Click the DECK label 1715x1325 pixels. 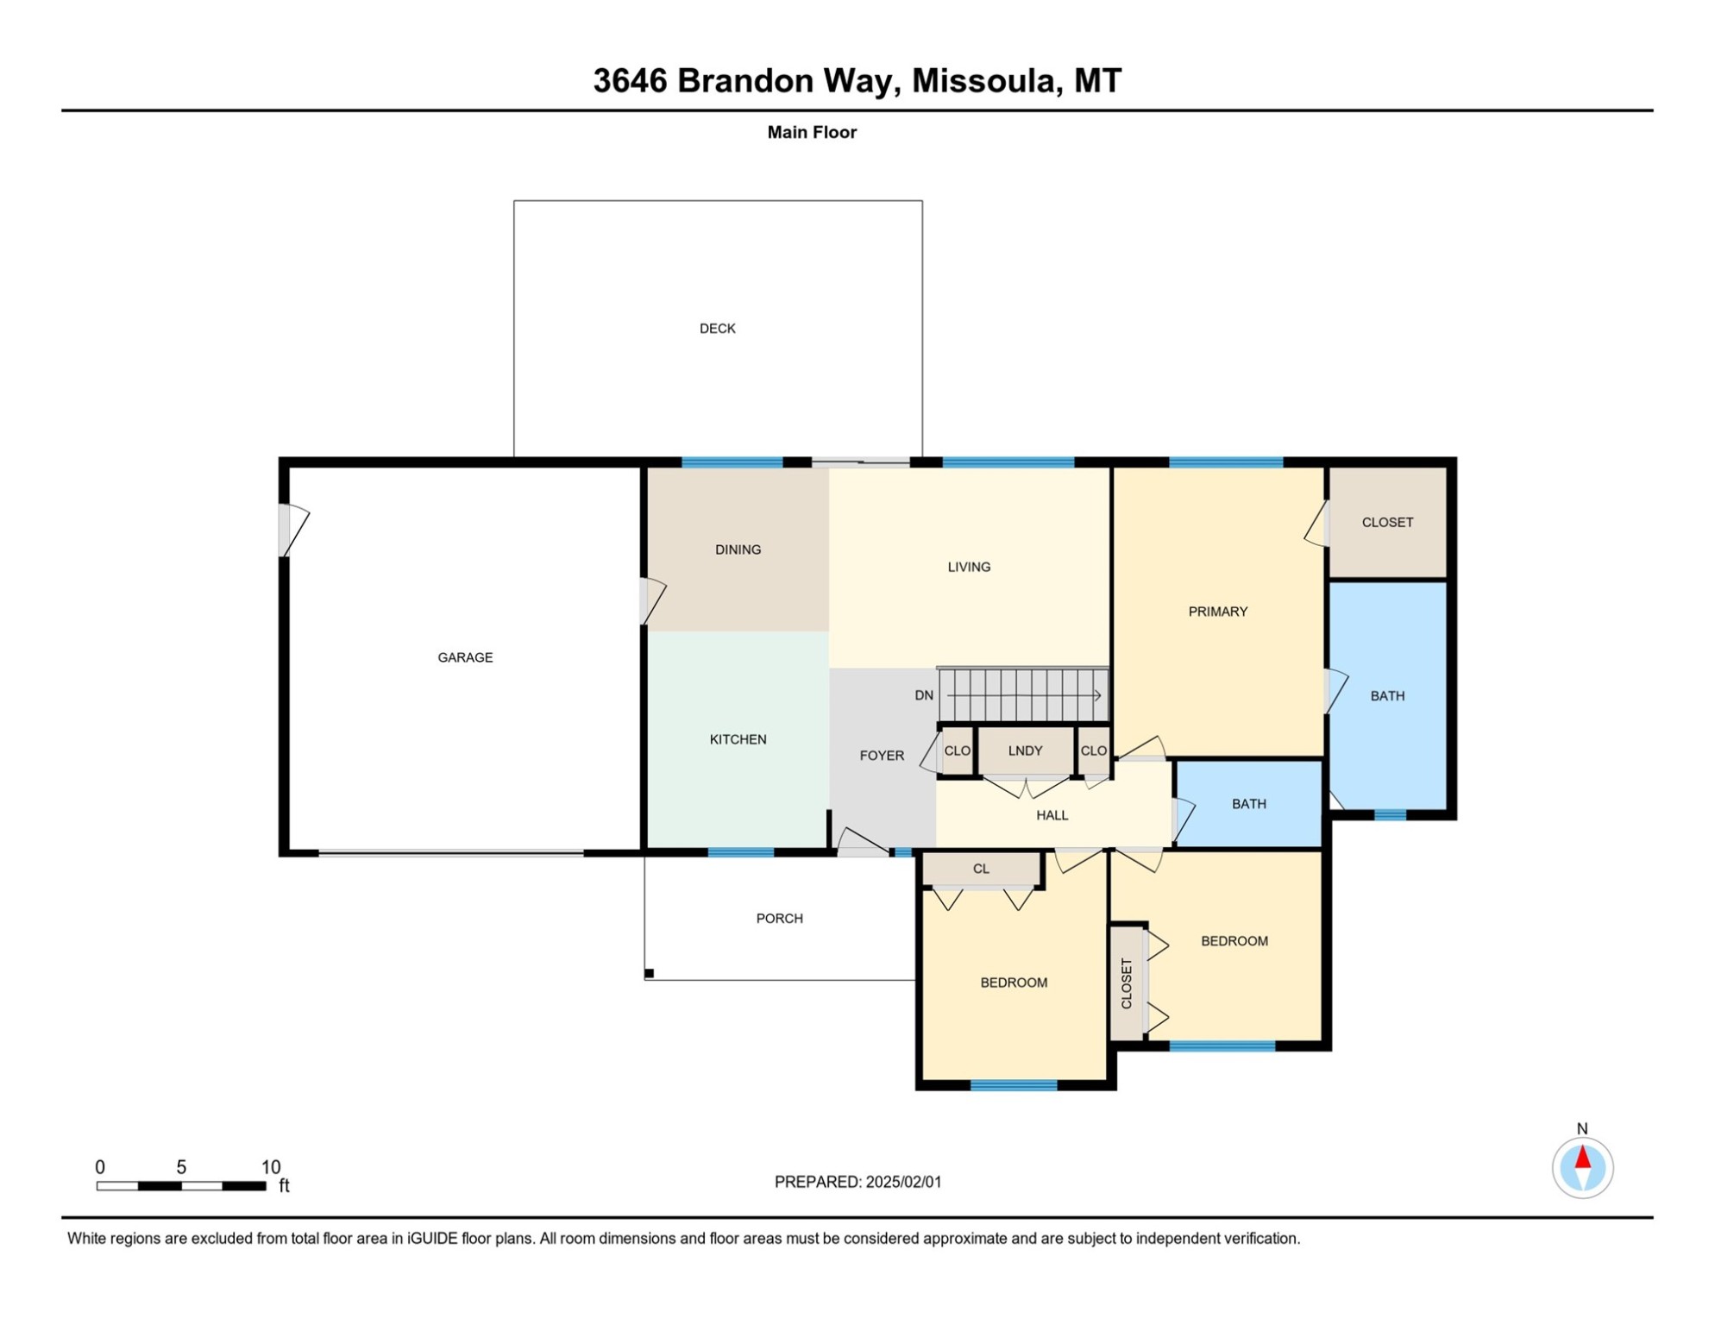717,329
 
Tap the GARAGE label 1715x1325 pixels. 465,657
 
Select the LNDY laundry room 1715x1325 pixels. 1025,751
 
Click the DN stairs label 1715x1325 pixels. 924,695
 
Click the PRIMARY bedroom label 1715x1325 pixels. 1217,612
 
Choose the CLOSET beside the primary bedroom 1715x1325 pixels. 1387,523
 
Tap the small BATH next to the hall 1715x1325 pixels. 1248,804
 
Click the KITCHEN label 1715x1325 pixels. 738,739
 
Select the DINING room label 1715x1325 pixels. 738,549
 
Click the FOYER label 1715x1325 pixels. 882,756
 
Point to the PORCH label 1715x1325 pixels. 779,919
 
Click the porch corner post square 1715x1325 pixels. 650,974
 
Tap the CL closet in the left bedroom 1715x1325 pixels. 981,870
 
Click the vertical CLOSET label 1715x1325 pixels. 1126,983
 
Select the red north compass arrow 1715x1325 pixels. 1582,1158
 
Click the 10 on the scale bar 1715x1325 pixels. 271,1167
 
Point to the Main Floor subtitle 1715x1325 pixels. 812,133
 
